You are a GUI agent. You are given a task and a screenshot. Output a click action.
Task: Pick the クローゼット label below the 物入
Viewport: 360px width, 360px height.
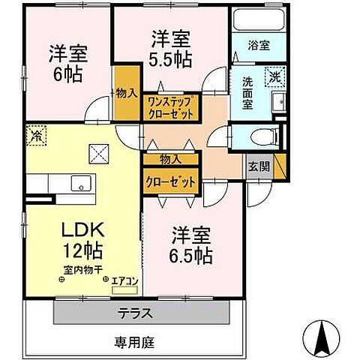click(171, 182)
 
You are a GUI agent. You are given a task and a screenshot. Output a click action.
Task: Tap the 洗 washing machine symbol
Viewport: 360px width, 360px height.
click(276, 75)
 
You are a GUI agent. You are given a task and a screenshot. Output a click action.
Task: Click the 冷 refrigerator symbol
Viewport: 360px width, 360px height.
click(35, 136)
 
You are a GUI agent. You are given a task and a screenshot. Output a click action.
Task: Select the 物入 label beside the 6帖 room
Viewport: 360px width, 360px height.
click(126, 94)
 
